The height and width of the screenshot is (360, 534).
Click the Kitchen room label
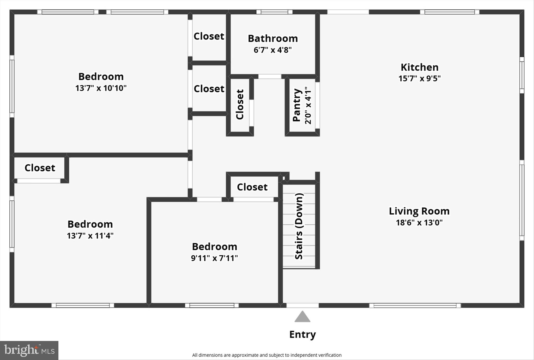[x=419, y=67]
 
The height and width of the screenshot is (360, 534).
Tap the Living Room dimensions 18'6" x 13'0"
[x=419, y=223]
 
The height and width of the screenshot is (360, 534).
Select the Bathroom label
[x=273, y=39]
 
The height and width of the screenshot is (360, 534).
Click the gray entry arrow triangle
[x=302, y=317]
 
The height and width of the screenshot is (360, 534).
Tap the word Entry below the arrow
[x=302, y=334]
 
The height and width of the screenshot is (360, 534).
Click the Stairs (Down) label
[x=299, y=226]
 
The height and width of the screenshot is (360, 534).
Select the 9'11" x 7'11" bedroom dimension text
[x=214, y=258]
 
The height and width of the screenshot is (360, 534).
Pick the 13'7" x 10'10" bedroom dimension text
[x=101, y=88]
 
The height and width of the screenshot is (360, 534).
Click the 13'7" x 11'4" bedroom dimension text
[x=90, y=236]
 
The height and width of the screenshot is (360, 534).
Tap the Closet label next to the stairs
[x=252, y=187]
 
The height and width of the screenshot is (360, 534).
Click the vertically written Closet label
[x=240, y=105]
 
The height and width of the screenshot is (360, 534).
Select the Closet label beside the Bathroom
[x=209, y=36]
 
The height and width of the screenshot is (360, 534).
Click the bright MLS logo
[x=29, y=350]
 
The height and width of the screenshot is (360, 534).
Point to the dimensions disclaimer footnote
[x=267, y=355]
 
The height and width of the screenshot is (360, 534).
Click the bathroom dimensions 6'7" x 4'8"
[x=273, y=50]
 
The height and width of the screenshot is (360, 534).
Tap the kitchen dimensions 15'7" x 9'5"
[x=419, y=78]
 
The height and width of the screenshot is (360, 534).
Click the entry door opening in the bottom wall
[x=302, y=305]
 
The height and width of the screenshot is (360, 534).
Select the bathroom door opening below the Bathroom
[x=270, y=76]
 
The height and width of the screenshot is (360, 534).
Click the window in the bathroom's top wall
[x=274, y=12]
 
